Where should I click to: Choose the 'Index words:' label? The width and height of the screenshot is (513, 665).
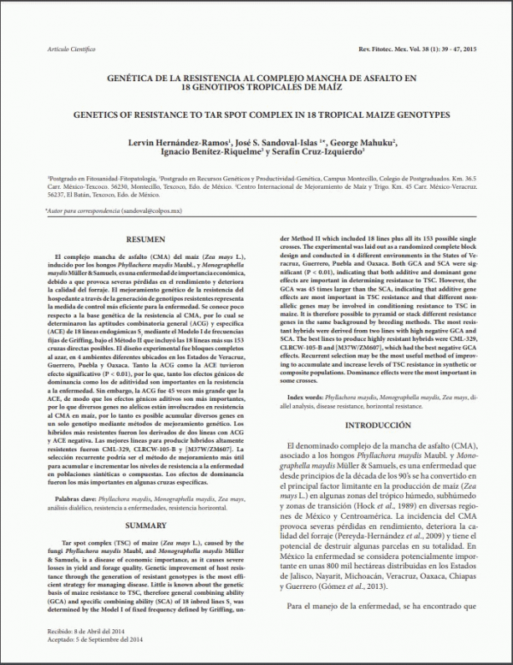click(309, 397)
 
